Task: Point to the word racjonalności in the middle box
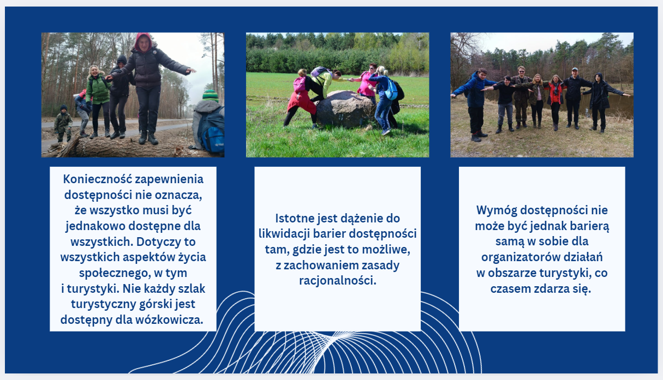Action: tap(337, 281)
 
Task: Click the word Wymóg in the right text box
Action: tap(497, 210)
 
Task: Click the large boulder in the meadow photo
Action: tap(345, 109)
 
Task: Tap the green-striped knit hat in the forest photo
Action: tap(211, 96)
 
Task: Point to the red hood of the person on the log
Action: tap(144, 41)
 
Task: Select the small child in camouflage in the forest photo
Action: tap(63, 123)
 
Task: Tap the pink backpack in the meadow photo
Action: tap(299, 84)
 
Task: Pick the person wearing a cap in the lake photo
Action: tap(574, 98)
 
